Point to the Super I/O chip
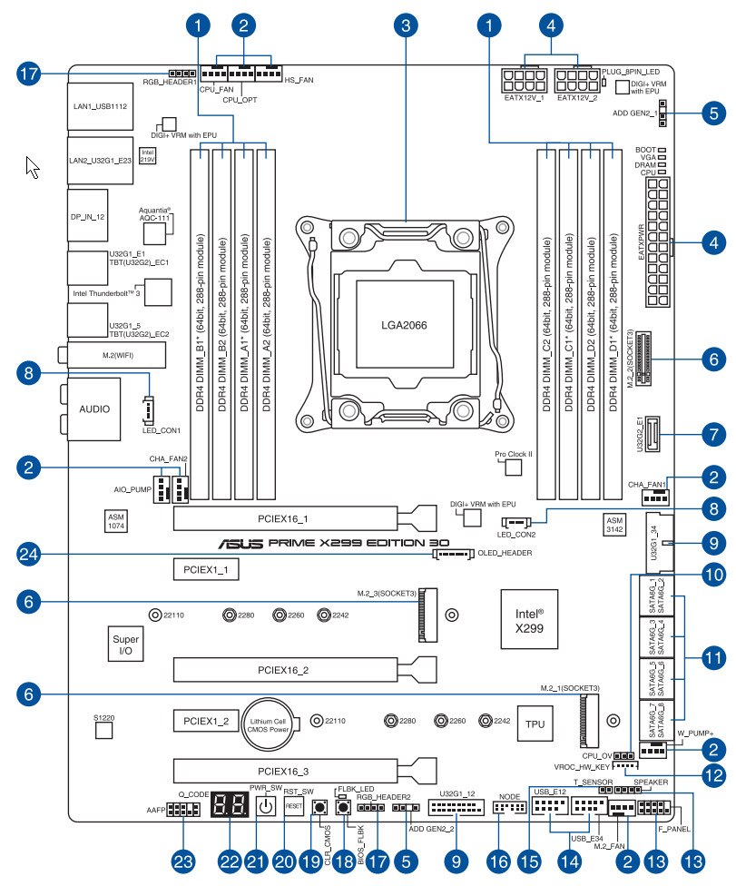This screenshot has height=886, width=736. [126, 645]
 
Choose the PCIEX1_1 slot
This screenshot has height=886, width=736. [205, 570]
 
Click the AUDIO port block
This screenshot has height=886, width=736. [94, 409]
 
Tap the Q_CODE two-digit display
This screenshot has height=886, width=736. [226, 805]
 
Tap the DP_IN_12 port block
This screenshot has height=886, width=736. [88, 215]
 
